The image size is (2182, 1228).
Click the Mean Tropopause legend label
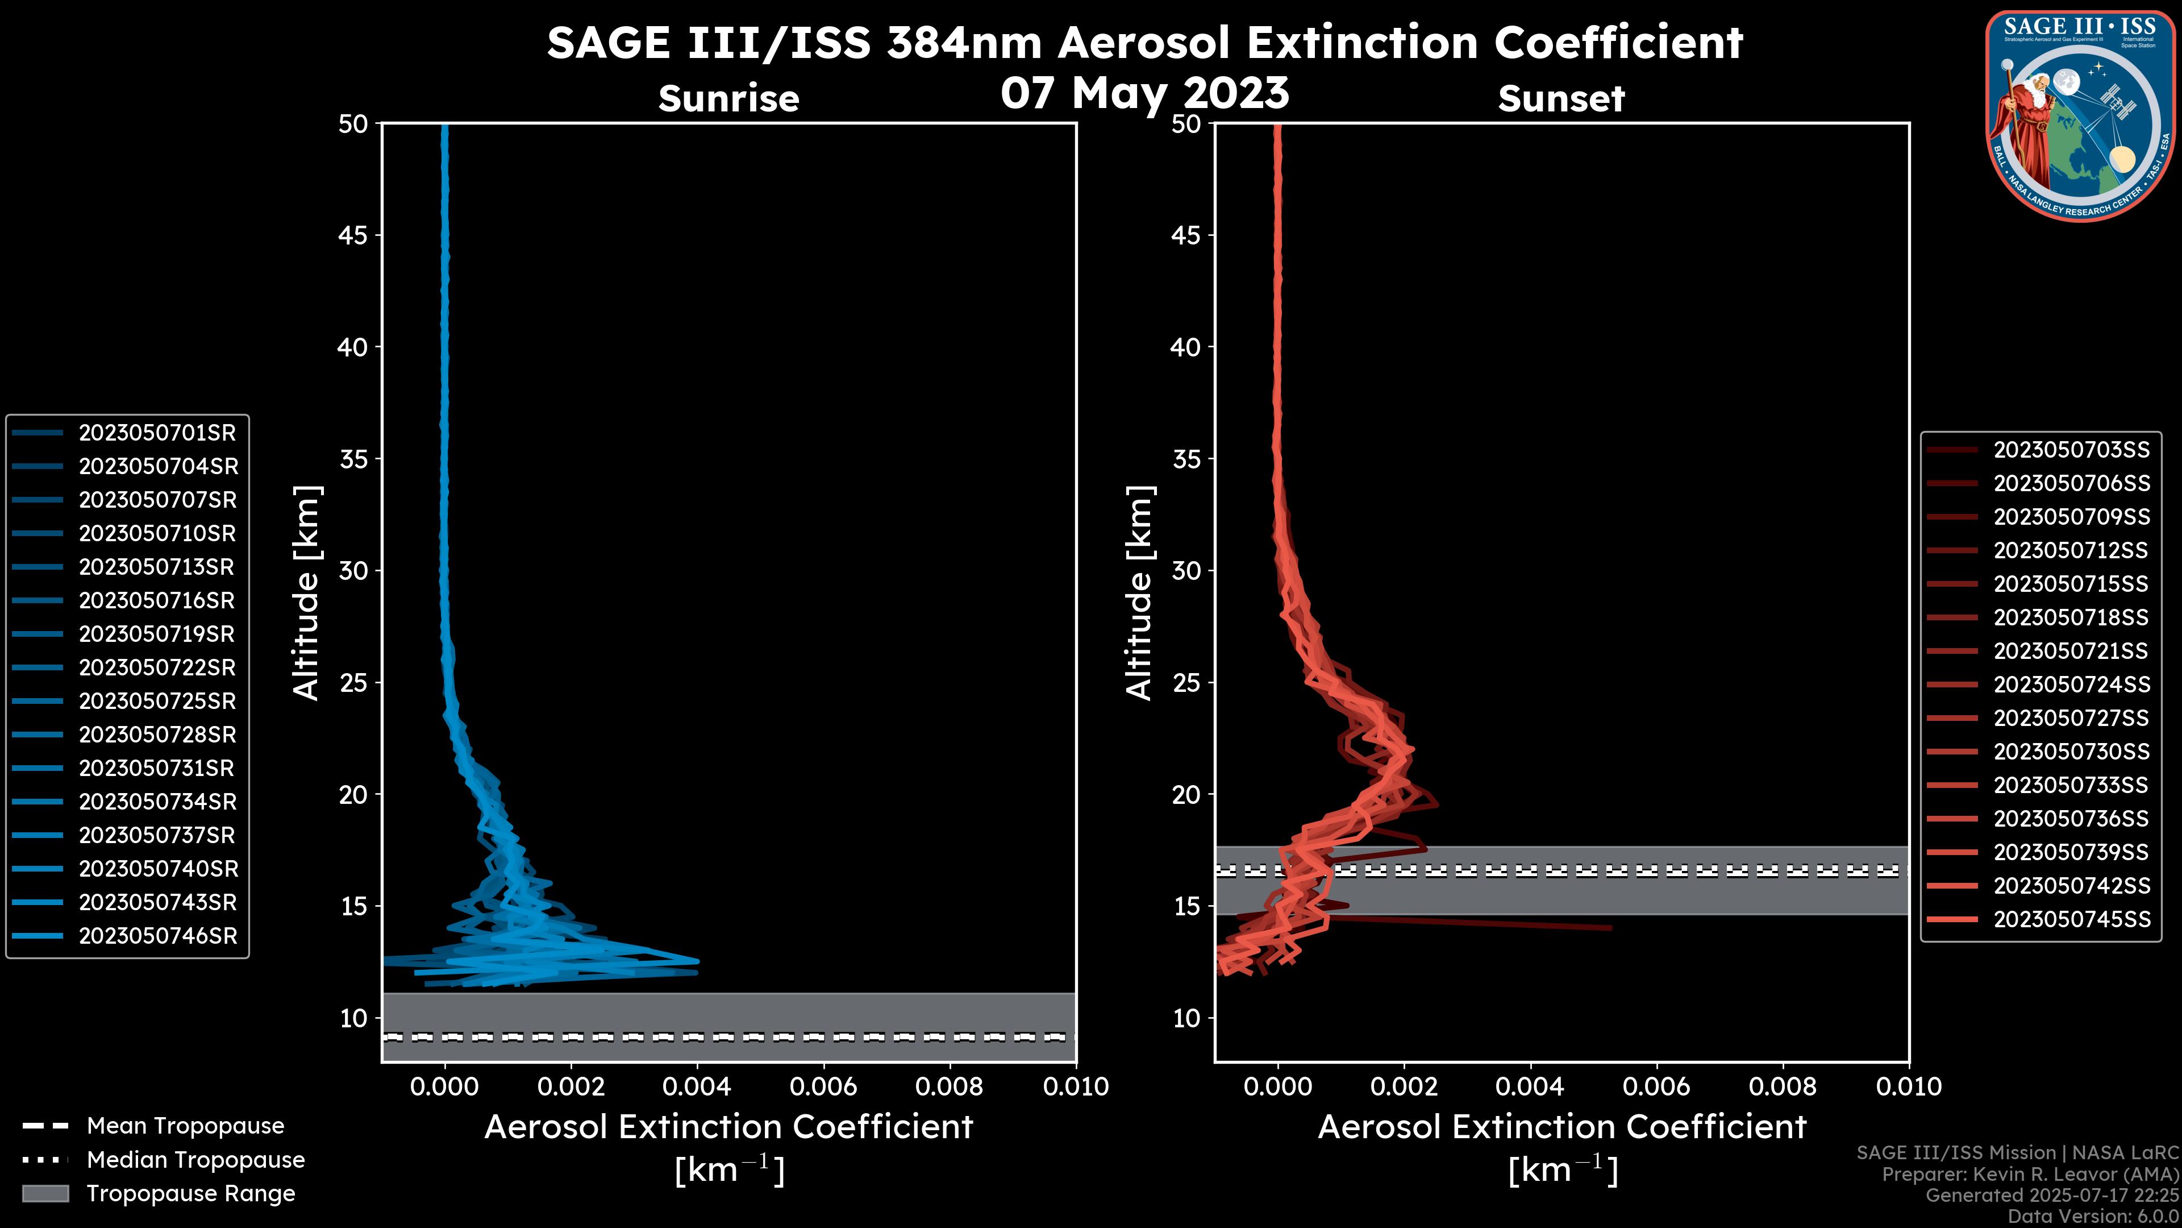click(x=185, y=1126)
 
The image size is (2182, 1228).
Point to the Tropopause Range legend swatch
click(x=45, y=1193)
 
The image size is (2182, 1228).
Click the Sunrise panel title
click(x=728, y=98)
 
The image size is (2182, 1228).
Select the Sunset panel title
click(x=1561, y=98)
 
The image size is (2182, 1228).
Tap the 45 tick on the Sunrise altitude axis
click(x=353, y=235)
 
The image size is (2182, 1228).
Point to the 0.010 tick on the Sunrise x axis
click(x=1075, y=1086)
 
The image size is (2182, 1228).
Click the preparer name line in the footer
click(x=2030, y=1175)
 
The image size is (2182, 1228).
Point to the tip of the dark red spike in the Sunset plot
click(x=1610, y=928)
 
